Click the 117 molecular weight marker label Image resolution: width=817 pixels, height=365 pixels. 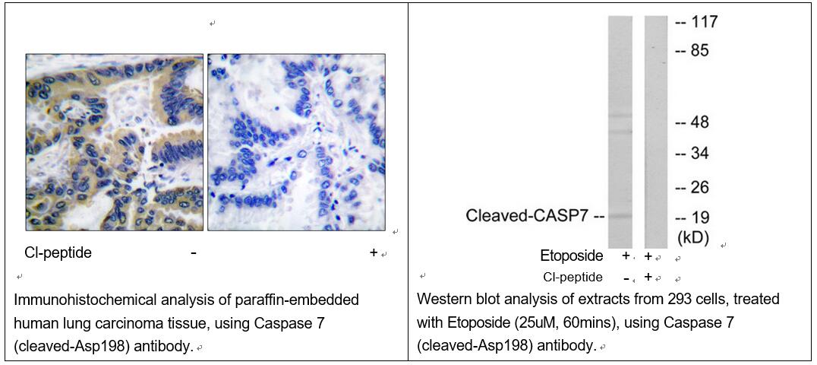[704, 22]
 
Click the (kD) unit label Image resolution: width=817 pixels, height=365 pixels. [693, 237]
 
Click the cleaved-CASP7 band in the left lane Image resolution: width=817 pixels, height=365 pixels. [620, 215]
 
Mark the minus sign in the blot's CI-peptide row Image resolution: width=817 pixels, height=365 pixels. [625, 278]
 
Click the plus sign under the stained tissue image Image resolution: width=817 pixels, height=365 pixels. [373, 252]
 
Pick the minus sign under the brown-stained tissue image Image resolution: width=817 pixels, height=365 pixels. [194, 253]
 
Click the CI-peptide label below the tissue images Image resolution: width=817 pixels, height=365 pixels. [58, 253]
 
